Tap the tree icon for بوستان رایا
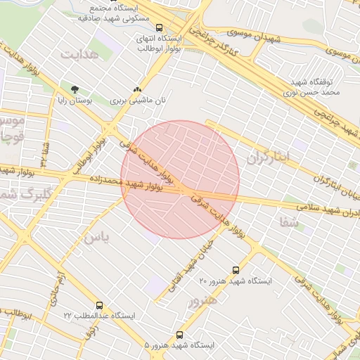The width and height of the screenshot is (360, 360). pos(75,89)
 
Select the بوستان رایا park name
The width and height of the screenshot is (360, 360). pos(74,101)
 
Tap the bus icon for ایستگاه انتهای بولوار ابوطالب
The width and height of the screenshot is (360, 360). pos(159,28)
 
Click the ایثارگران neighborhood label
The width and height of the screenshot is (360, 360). pos(267,157)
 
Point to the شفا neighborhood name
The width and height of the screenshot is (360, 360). pos(289,222)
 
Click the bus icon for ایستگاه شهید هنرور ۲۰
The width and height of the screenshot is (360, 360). pos(236,269)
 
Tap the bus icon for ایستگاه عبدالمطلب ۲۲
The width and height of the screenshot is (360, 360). pos(99,306)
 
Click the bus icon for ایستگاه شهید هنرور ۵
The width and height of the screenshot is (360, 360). pos(180,335)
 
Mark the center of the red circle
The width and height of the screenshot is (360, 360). pos(180,180)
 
